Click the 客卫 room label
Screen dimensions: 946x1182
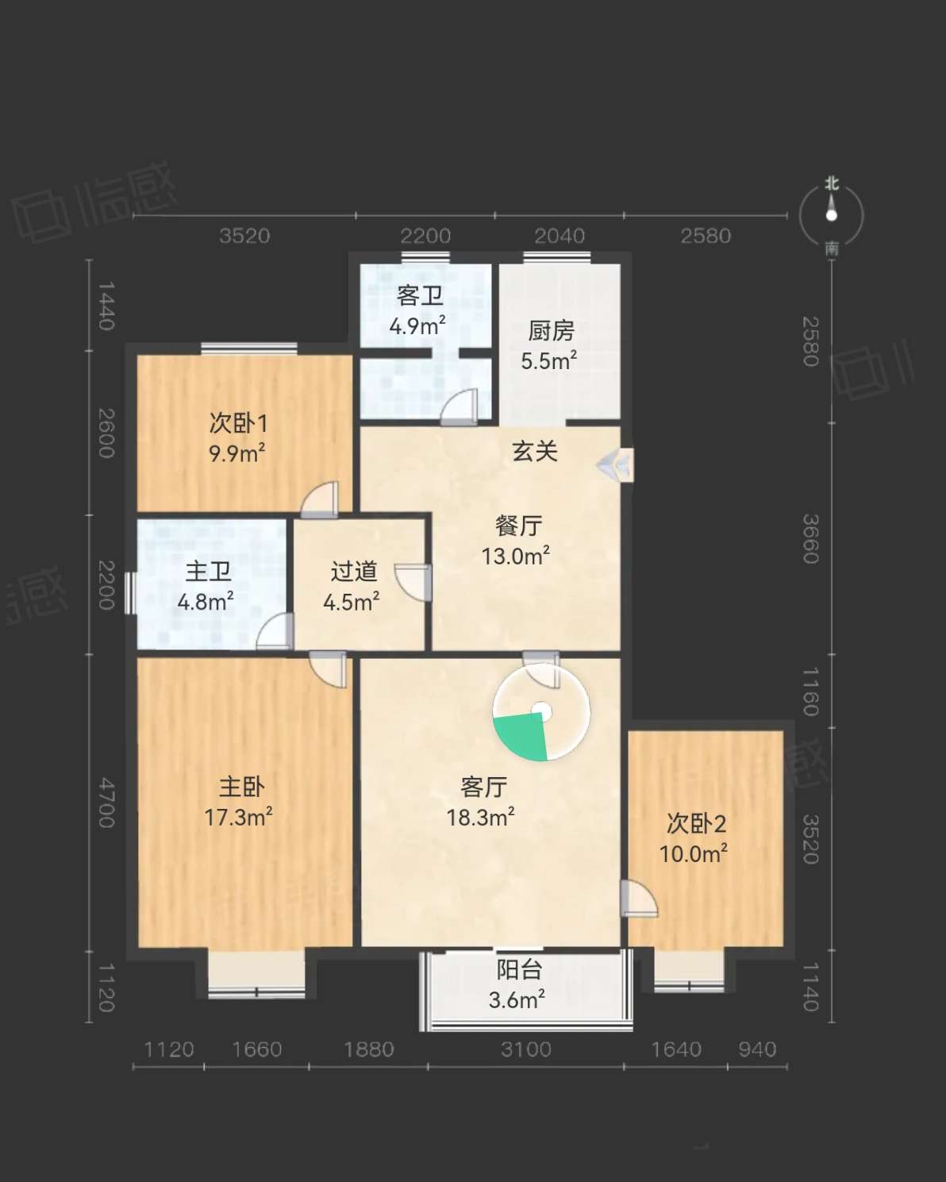coord(420,297)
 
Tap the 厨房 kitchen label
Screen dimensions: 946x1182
coord(552,331)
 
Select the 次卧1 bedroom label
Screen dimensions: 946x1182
coord(238,423)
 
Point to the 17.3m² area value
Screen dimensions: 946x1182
coord(239,818)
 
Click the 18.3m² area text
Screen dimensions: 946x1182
coord(480,818)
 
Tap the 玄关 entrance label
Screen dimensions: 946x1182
coord(535,452)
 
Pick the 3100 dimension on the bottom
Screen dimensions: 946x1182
coord(526,1049)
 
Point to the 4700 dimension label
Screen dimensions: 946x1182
coord(106,803)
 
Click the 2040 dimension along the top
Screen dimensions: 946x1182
coord(560,237)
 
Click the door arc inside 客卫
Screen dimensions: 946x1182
coord(459,407)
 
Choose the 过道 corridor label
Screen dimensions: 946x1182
coord(354,572)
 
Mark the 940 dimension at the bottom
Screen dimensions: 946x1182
coord(757,1049)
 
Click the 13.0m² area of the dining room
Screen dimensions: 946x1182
coord(516,556)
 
